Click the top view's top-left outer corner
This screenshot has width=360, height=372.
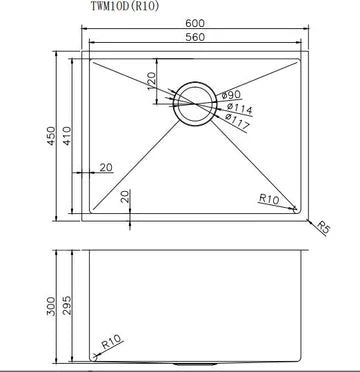[78, 51]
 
